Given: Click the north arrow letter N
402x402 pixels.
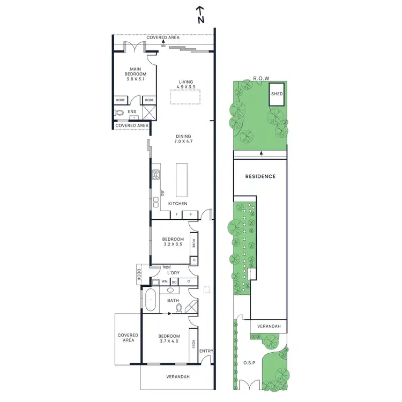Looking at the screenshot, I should [200, 20].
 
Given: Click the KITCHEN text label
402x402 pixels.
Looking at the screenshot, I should [177, 204].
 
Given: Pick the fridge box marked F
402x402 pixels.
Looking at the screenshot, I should [176, 215].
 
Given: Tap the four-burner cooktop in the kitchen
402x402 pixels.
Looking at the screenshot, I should [157, 174].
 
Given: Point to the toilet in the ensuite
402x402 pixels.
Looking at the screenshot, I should [119, 113].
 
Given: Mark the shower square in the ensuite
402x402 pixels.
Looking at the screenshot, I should [149, 113].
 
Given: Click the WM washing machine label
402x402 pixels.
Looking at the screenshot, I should [165, 281].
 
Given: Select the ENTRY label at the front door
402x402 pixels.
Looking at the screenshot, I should [206, 352].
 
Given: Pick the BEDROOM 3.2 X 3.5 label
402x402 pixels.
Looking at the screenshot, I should [173, 242].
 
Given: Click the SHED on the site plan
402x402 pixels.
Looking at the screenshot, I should [277, 94].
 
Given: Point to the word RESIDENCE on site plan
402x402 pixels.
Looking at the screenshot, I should [260, 176].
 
